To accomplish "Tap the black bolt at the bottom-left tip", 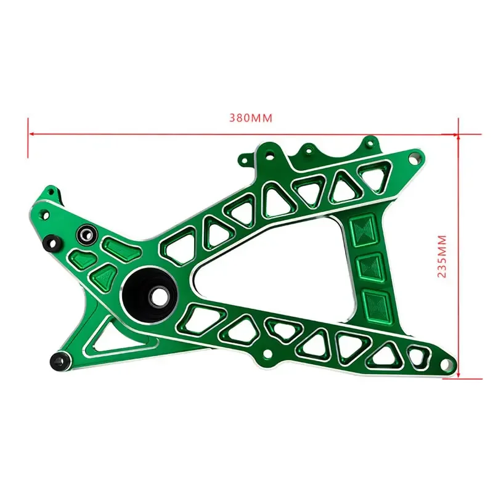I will tap(59, 360).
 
